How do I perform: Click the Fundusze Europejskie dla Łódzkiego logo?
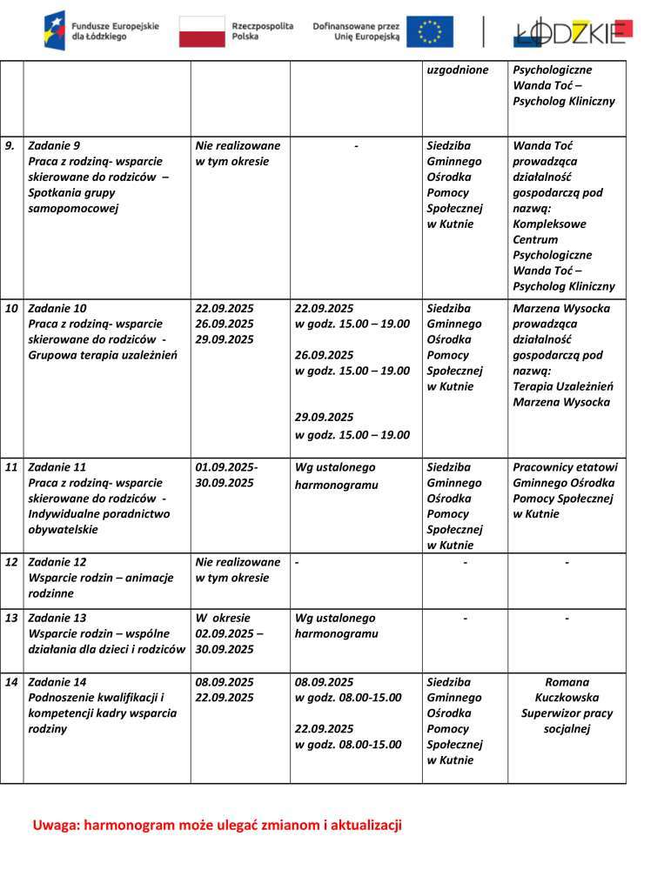pyautogui.click(x=102, y=30)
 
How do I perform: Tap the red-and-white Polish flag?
pyautogui.click(x=202, y=31)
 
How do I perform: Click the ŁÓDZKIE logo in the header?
pyautogui.click(x=572, y=32)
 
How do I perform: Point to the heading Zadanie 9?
pyautogui.click(x=54, y=145)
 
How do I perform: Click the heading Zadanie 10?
pyautogui.click(x=57, y=308)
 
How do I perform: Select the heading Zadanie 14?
pyautogui.click(x=57, y=682)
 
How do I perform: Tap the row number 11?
pyautogui.click(x=11, y=467)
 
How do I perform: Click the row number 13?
pyautogui.click(x=11, y=618)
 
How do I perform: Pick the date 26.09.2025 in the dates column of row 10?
pyautogui.click(x=225, y=324)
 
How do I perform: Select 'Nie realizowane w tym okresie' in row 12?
pyautogui.click(x=238, y=570)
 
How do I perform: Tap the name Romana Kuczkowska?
pyautogui.click(x=567, y=690)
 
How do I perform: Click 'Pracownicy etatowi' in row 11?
pyautogui.click(x=565, y=467)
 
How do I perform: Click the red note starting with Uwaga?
pyautogui.click(x=217, y=825)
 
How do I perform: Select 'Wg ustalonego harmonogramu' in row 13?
pyautogui.click(x=336, y=626)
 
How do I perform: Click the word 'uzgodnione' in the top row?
pyautogui.click(x=458, y=70)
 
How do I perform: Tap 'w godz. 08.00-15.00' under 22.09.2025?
pyautogui.click(x=348, y=745)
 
